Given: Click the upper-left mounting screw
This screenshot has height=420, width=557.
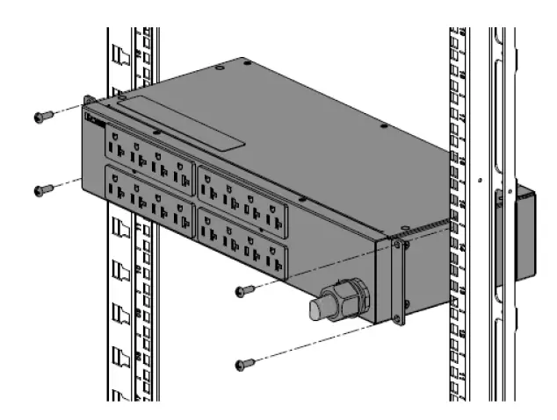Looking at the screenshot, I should [41, 115].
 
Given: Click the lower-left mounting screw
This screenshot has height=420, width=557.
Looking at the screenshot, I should [41, 189].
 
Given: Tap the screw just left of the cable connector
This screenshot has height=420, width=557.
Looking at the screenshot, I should [244, 290].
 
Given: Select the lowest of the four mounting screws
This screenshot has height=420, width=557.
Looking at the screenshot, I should [244, 362].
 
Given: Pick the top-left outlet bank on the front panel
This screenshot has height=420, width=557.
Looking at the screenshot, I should [148, 156].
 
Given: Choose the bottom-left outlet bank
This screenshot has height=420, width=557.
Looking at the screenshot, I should [148, 199].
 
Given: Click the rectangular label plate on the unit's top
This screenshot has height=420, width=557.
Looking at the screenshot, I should [180, 123].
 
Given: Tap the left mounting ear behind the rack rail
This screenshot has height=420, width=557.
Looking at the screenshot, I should [89, 105].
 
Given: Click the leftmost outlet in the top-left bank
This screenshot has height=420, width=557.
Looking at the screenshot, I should [116, 139].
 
